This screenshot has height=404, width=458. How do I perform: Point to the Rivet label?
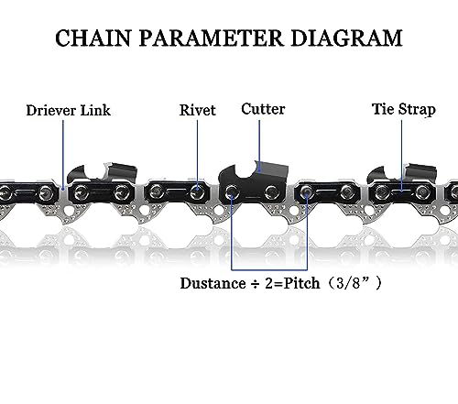[198, 110]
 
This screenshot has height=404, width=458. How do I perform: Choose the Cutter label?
[263, 109]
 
